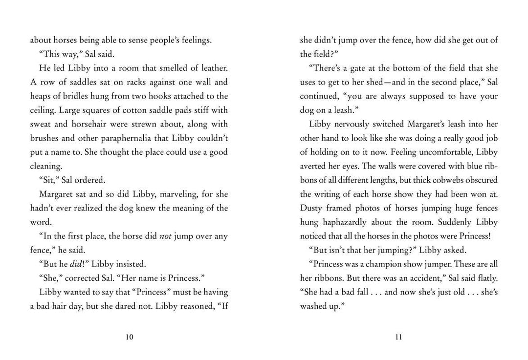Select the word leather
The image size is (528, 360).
pyautogui.click(x=213, y=68)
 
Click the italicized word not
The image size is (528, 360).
pyautogui.click(x=166, y=237)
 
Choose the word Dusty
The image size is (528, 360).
pyautogui.click(x=311, y=209)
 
